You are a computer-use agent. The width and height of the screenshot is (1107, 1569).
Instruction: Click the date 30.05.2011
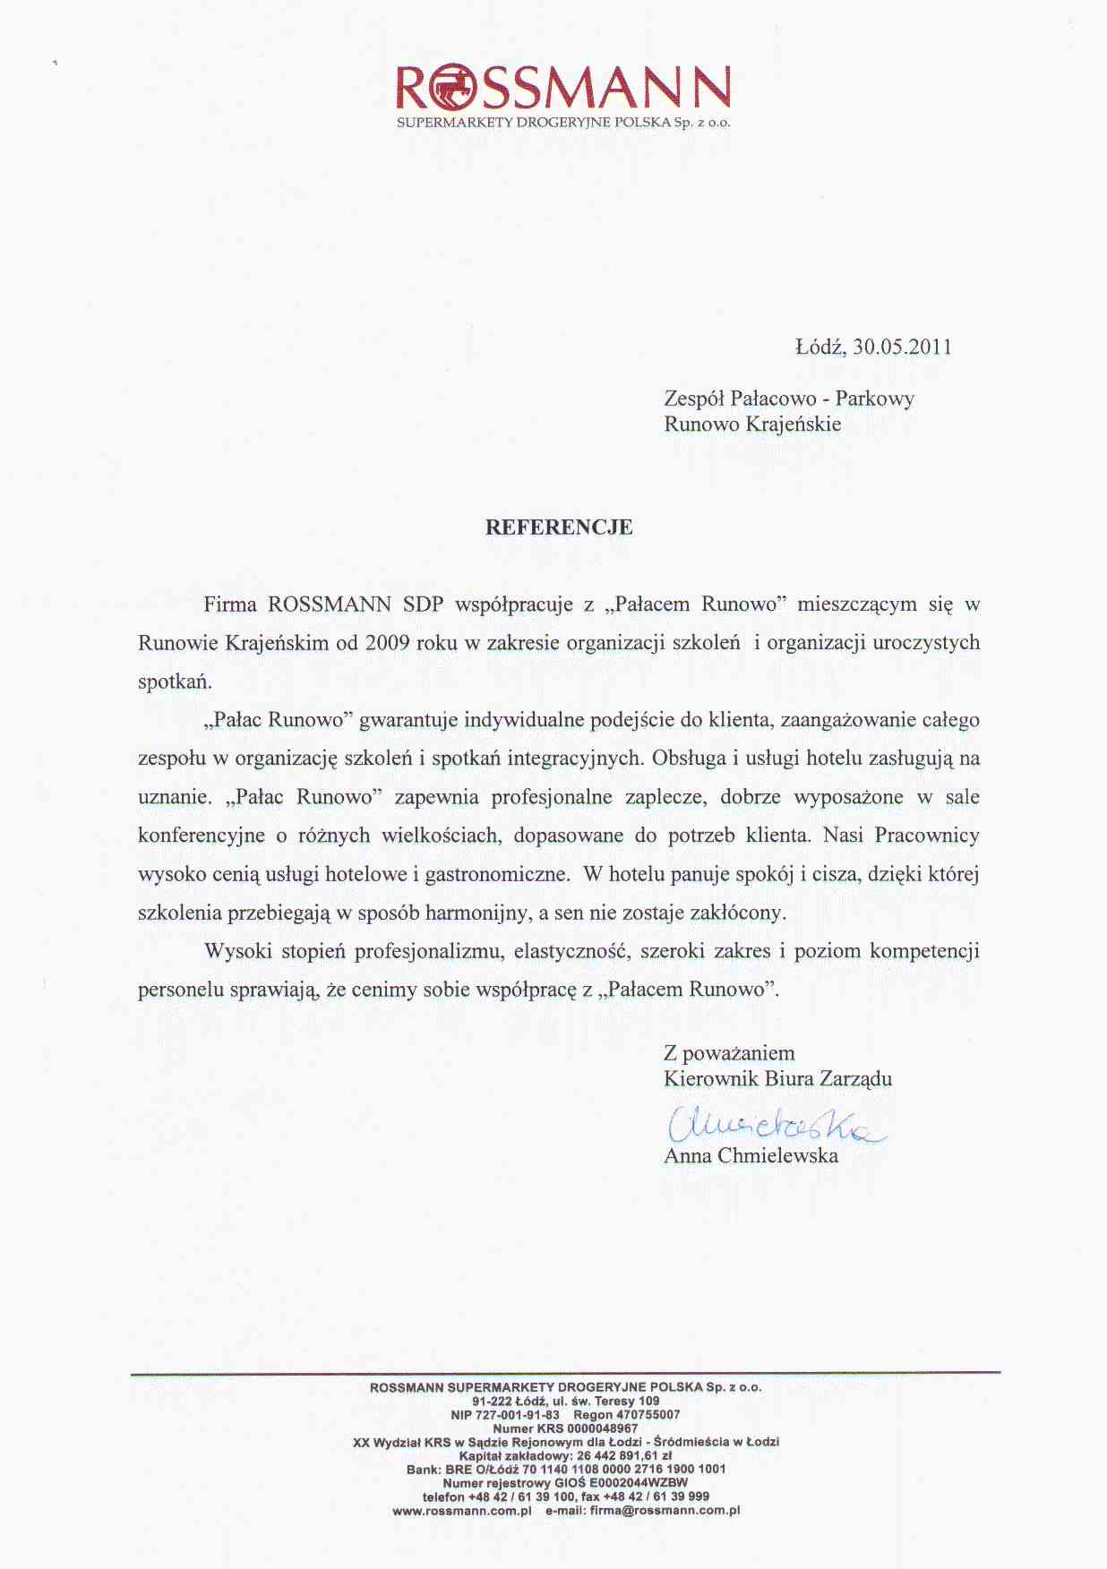pos(902,347)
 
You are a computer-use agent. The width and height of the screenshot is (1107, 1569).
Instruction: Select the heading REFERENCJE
pos(559,527)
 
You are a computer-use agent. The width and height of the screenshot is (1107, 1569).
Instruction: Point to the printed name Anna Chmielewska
pos(751,1156)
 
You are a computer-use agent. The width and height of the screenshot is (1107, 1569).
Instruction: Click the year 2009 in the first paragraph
pos(388,643)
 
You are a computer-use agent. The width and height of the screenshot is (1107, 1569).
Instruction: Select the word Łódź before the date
pos(820,347)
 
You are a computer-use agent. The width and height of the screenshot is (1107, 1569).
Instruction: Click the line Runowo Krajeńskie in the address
pos(752,424)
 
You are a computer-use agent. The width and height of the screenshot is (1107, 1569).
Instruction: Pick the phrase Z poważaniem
pos(729,1053)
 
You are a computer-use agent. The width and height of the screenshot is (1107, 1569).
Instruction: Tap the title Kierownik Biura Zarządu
pos(777,1078)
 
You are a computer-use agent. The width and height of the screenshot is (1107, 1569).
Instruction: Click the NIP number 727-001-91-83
pos(517,1415)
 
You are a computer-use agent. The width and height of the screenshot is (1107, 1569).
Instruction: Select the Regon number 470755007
pos(648,1415)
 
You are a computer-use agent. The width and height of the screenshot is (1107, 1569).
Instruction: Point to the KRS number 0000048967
pos(603,1428)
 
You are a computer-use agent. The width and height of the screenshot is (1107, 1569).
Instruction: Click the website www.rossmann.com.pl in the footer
pos(462,1511)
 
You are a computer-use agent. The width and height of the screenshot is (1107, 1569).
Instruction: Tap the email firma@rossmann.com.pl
pos(665,1511)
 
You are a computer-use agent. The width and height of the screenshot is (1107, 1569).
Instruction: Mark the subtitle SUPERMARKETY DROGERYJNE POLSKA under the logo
pos(533,123)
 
